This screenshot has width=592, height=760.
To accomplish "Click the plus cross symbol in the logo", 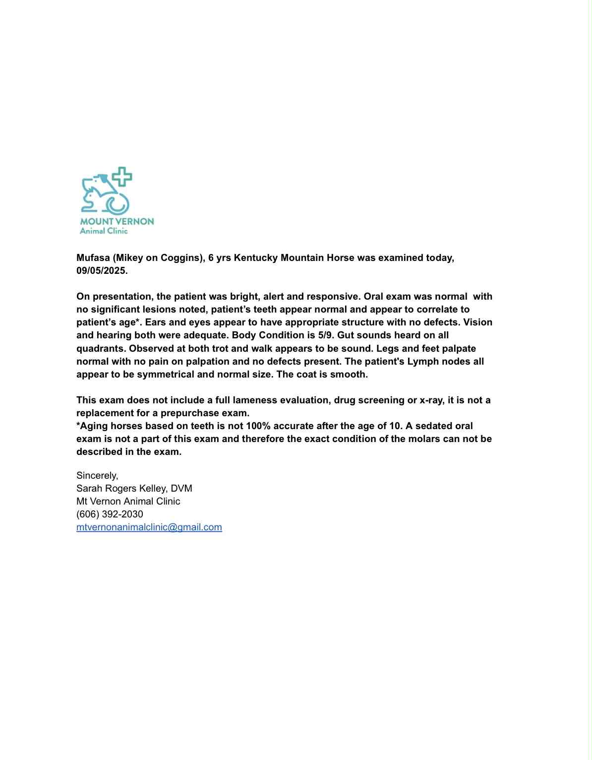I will [122, 177].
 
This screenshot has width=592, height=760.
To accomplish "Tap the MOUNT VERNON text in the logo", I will [117, 221].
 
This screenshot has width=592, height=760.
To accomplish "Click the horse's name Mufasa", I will [93, 258].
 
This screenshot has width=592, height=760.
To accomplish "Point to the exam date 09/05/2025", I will [102, 271].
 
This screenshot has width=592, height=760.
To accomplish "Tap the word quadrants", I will [101, 348].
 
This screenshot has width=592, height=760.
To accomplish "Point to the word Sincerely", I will [97, 475].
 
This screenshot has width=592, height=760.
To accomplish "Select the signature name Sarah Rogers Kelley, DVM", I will [134, 488].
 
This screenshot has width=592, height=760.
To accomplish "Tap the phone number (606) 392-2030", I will [110, 514].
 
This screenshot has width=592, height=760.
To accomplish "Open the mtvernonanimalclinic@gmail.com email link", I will [149, 527].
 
